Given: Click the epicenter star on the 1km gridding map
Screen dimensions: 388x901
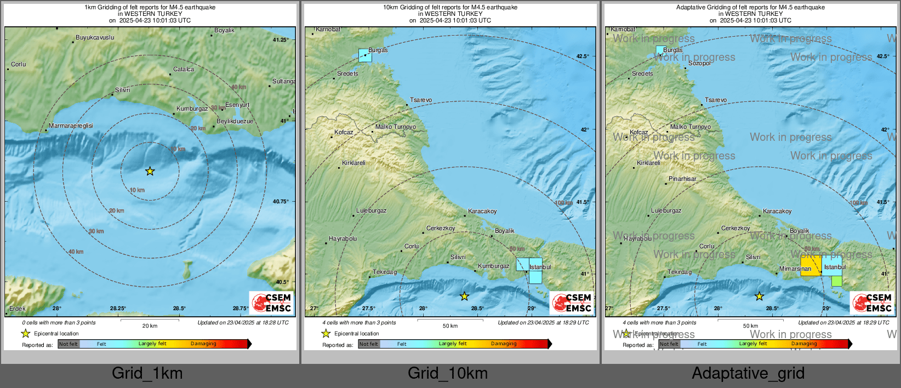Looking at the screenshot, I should point(150,172).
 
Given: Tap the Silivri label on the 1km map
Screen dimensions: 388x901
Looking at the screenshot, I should point(123,90).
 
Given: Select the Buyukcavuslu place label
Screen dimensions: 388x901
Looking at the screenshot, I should point(95,38).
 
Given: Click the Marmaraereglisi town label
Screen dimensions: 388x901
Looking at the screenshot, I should point(71,126).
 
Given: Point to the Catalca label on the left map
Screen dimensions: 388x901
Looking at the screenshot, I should point(184,70).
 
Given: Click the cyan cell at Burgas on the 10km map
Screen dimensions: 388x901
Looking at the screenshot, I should point(365,55).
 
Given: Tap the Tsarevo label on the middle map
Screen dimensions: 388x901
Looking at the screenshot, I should point(421,100).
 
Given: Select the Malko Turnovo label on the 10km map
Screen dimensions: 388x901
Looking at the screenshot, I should point(396,127).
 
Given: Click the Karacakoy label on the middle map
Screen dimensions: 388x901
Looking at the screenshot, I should point(482,212).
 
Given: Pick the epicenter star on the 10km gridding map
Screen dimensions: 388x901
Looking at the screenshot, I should point(464,296).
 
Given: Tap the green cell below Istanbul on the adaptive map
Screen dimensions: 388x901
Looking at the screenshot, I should point(836,281).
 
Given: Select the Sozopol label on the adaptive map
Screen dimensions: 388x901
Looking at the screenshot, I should point(699,64).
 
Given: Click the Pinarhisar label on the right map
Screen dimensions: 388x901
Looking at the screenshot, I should point(682,179).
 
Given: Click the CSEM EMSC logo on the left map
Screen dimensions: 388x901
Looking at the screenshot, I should point(272,303).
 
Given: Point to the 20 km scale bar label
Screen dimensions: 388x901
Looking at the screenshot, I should point(150,326).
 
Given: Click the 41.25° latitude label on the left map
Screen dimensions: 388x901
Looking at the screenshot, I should point(281,40).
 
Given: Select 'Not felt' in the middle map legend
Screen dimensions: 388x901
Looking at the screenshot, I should point(369,344).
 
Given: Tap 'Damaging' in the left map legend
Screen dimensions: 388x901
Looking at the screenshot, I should point(203,344).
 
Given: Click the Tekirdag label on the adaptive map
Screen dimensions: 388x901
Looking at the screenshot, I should point(680,272).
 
